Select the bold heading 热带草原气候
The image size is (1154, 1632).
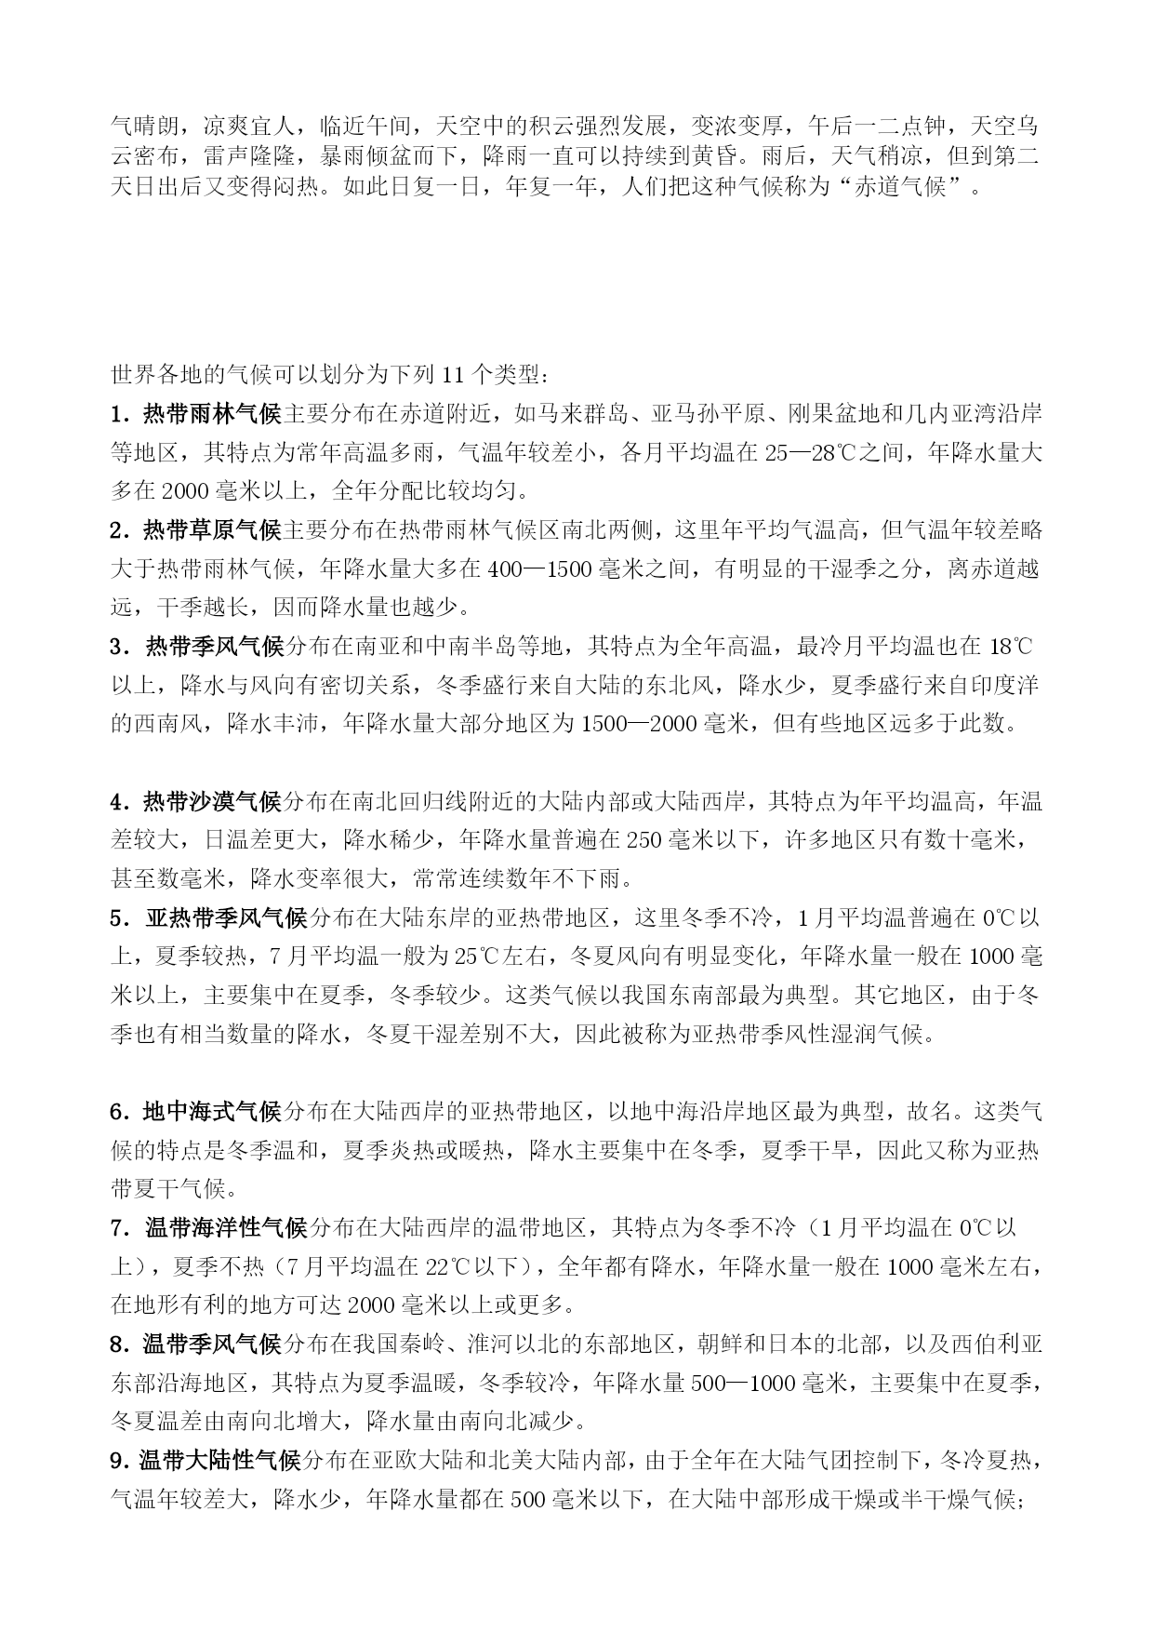click(x=212, y=530)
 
